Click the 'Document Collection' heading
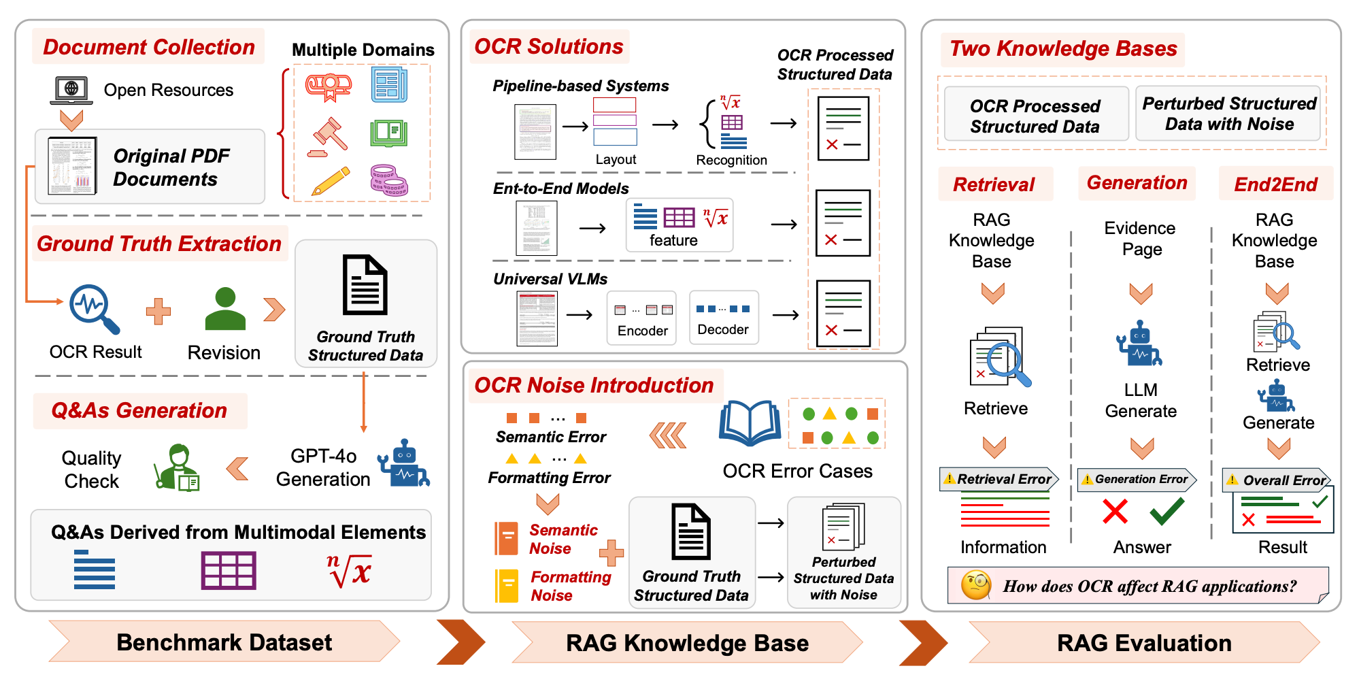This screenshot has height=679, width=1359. [x=148, y=47]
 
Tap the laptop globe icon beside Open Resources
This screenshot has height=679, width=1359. [x=71, y=90]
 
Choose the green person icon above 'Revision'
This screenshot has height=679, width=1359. [x=225, y=309]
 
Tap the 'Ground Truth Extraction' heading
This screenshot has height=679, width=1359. [x=159, y=244]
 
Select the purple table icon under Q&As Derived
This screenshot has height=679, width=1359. [x=229, y=570]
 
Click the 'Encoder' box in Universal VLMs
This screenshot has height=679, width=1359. [x=642, y=318]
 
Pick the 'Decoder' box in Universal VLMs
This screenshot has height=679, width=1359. [x=723, y=318]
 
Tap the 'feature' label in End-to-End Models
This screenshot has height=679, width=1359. [x=673, y=240]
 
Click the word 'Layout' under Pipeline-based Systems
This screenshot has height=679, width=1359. [x=616, y=159]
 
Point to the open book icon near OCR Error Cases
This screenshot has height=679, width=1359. [x=750, y=423]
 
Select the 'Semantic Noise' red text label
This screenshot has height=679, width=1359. [x=563, y=539]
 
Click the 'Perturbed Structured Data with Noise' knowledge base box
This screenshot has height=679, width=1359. [x=1228, y=114]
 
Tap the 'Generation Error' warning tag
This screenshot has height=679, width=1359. [x=1137, y=479]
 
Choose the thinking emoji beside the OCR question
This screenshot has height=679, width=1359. [x=976, y=585]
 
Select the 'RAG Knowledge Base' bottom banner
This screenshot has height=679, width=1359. [x=687, y=643]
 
